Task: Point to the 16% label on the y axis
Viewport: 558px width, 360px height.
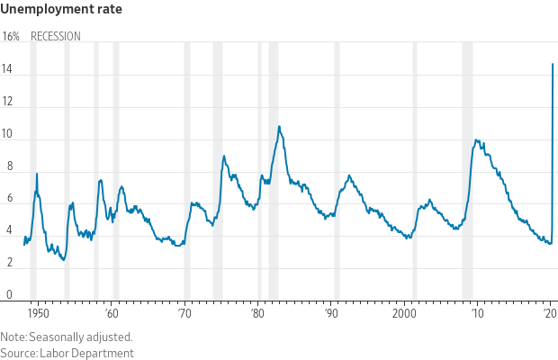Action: coord(11,37)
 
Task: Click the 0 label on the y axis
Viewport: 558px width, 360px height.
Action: coord(8,295)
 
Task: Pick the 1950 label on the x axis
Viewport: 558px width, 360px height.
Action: coord(38,314)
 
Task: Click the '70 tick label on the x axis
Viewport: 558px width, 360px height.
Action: coord(184,314)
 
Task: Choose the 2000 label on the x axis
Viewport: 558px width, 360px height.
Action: coord(404,314)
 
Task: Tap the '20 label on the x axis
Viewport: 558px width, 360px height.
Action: coord(550,314)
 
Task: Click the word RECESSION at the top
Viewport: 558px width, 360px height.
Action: coord(56,37)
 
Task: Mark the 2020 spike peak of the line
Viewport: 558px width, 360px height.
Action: coord(552,64)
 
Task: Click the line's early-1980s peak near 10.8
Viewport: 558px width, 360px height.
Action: coord(279,127)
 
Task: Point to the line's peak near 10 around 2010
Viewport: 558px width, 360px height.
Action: coord(476,139)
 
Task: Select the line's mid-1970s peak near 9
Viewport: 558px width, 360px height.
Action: coord(224,157)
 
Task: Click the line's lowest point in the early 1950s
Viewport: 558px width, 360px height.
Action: coord(63,259)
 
